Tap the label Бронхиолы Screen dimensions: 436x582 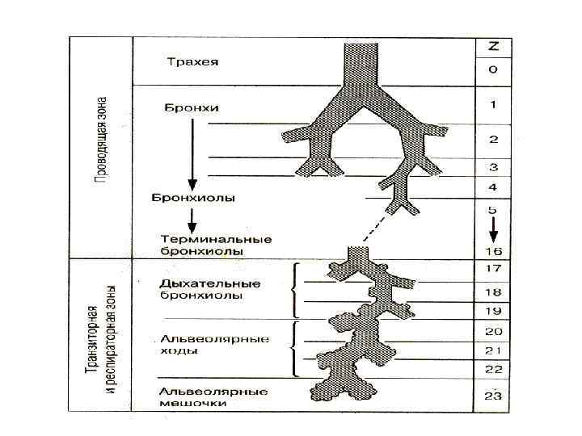(193, 199)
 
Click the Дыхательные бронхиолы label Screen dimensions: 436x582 (210, 289)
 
